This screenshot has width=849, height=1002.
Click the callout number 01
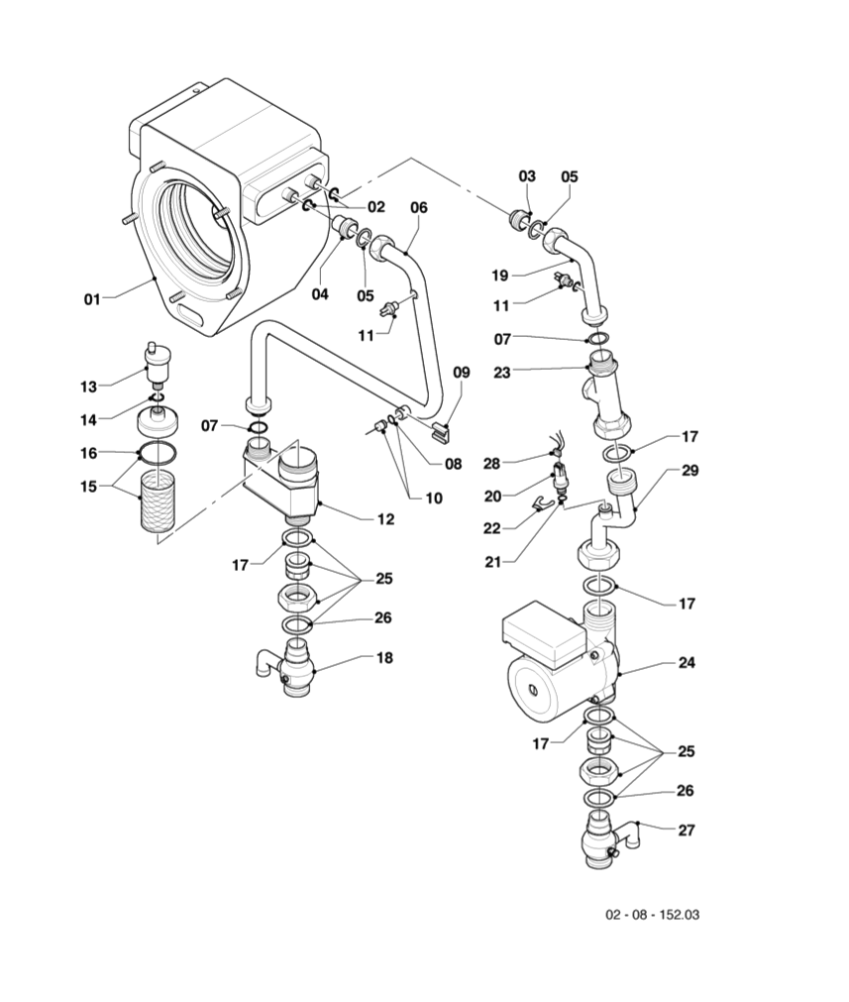pos(93,298)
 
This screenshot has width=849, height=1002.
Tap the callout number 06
pos(419,207)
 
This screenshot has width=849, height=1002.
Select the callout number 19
pos(500,276)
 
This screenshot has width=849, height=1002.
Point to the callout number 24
pos(687,663)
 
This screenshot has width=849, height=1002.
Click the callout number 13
pos(89,387)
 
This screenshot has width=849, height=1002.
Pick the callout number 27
pos(687,831)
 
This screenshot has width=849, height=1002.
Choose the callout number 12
pos(385,519)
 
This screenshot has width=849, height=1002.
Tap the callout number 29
pos(690,471)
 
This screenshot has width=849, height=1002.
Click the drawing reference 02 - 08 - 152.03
pos(652,915)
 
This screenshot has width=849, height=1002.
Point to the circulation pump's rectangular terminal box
pos(544,632)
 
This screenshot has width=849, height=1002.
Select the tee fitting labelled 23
pos(604,394)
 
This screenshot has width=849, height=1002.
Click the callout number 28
pos(491,463)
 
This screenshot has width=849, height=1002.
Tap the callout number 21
pos(492,562)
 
